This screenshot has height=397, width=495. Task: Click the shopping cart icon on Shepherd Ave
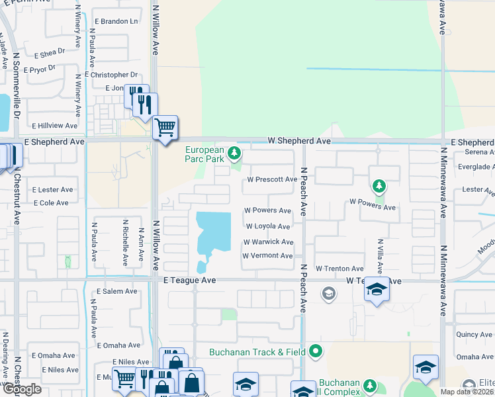pos(165,126)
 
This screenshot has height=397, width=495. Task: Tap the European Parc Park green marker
pos(233,154)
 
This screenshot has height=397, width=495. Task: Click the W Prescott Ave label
pos(272,179)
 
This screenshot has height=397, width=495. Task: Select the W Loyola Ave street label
pos(268,226)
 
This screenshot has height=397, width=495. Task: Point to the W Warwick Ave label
pos(268,242)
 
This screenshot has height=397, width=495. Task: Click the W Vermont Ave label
pos(267,255)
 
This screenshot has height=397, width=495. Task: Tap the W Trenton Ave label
pos(339,269)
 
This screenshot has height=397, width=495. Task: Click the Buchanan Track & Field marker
pos(316,351)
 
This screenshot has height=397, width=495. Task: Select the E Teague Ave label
pos(190,281)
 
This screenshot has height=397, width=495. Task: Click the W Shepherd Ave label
pos(298,141)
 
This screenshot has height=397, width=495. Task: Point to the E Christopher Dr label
pos(111,75)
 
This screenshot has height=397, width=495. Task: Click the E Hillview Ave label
pos(55,125)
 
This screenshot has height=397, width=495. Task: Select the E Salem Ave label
pos(116,291)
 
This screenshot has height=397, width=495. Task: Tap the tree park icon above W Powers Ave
pos(378,186)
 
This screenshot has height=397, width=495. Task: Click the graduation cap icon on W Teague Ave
pos(377,290)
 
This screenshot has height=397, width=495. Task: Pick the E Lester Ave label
pos(52,189)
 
